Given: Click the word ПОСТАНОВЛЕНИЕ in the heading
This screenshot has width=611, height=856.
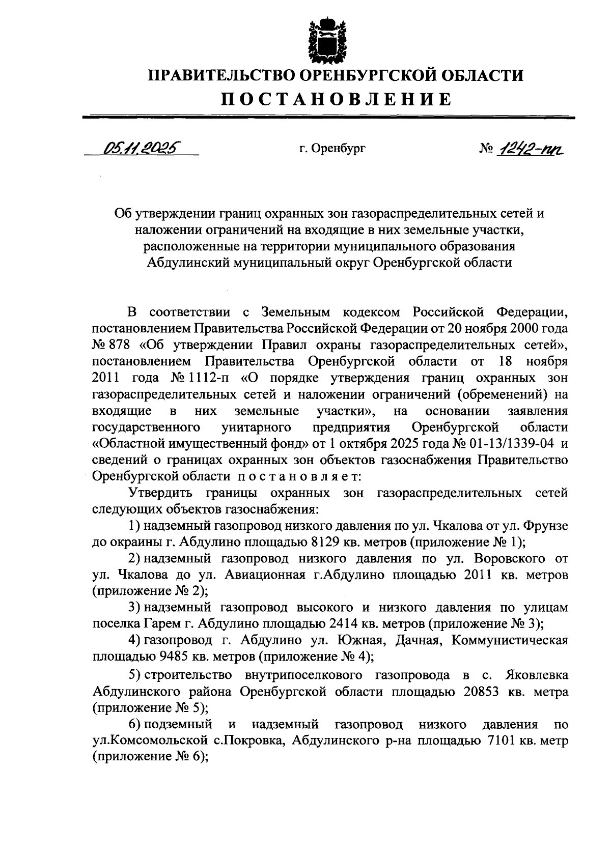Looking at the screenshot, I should [336, 99].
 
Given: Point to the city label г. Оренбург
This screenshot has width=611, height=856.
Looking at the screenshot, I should [332, 149].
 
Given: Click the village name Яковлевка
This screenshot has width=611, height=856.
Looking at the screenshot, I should [537, 675].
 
